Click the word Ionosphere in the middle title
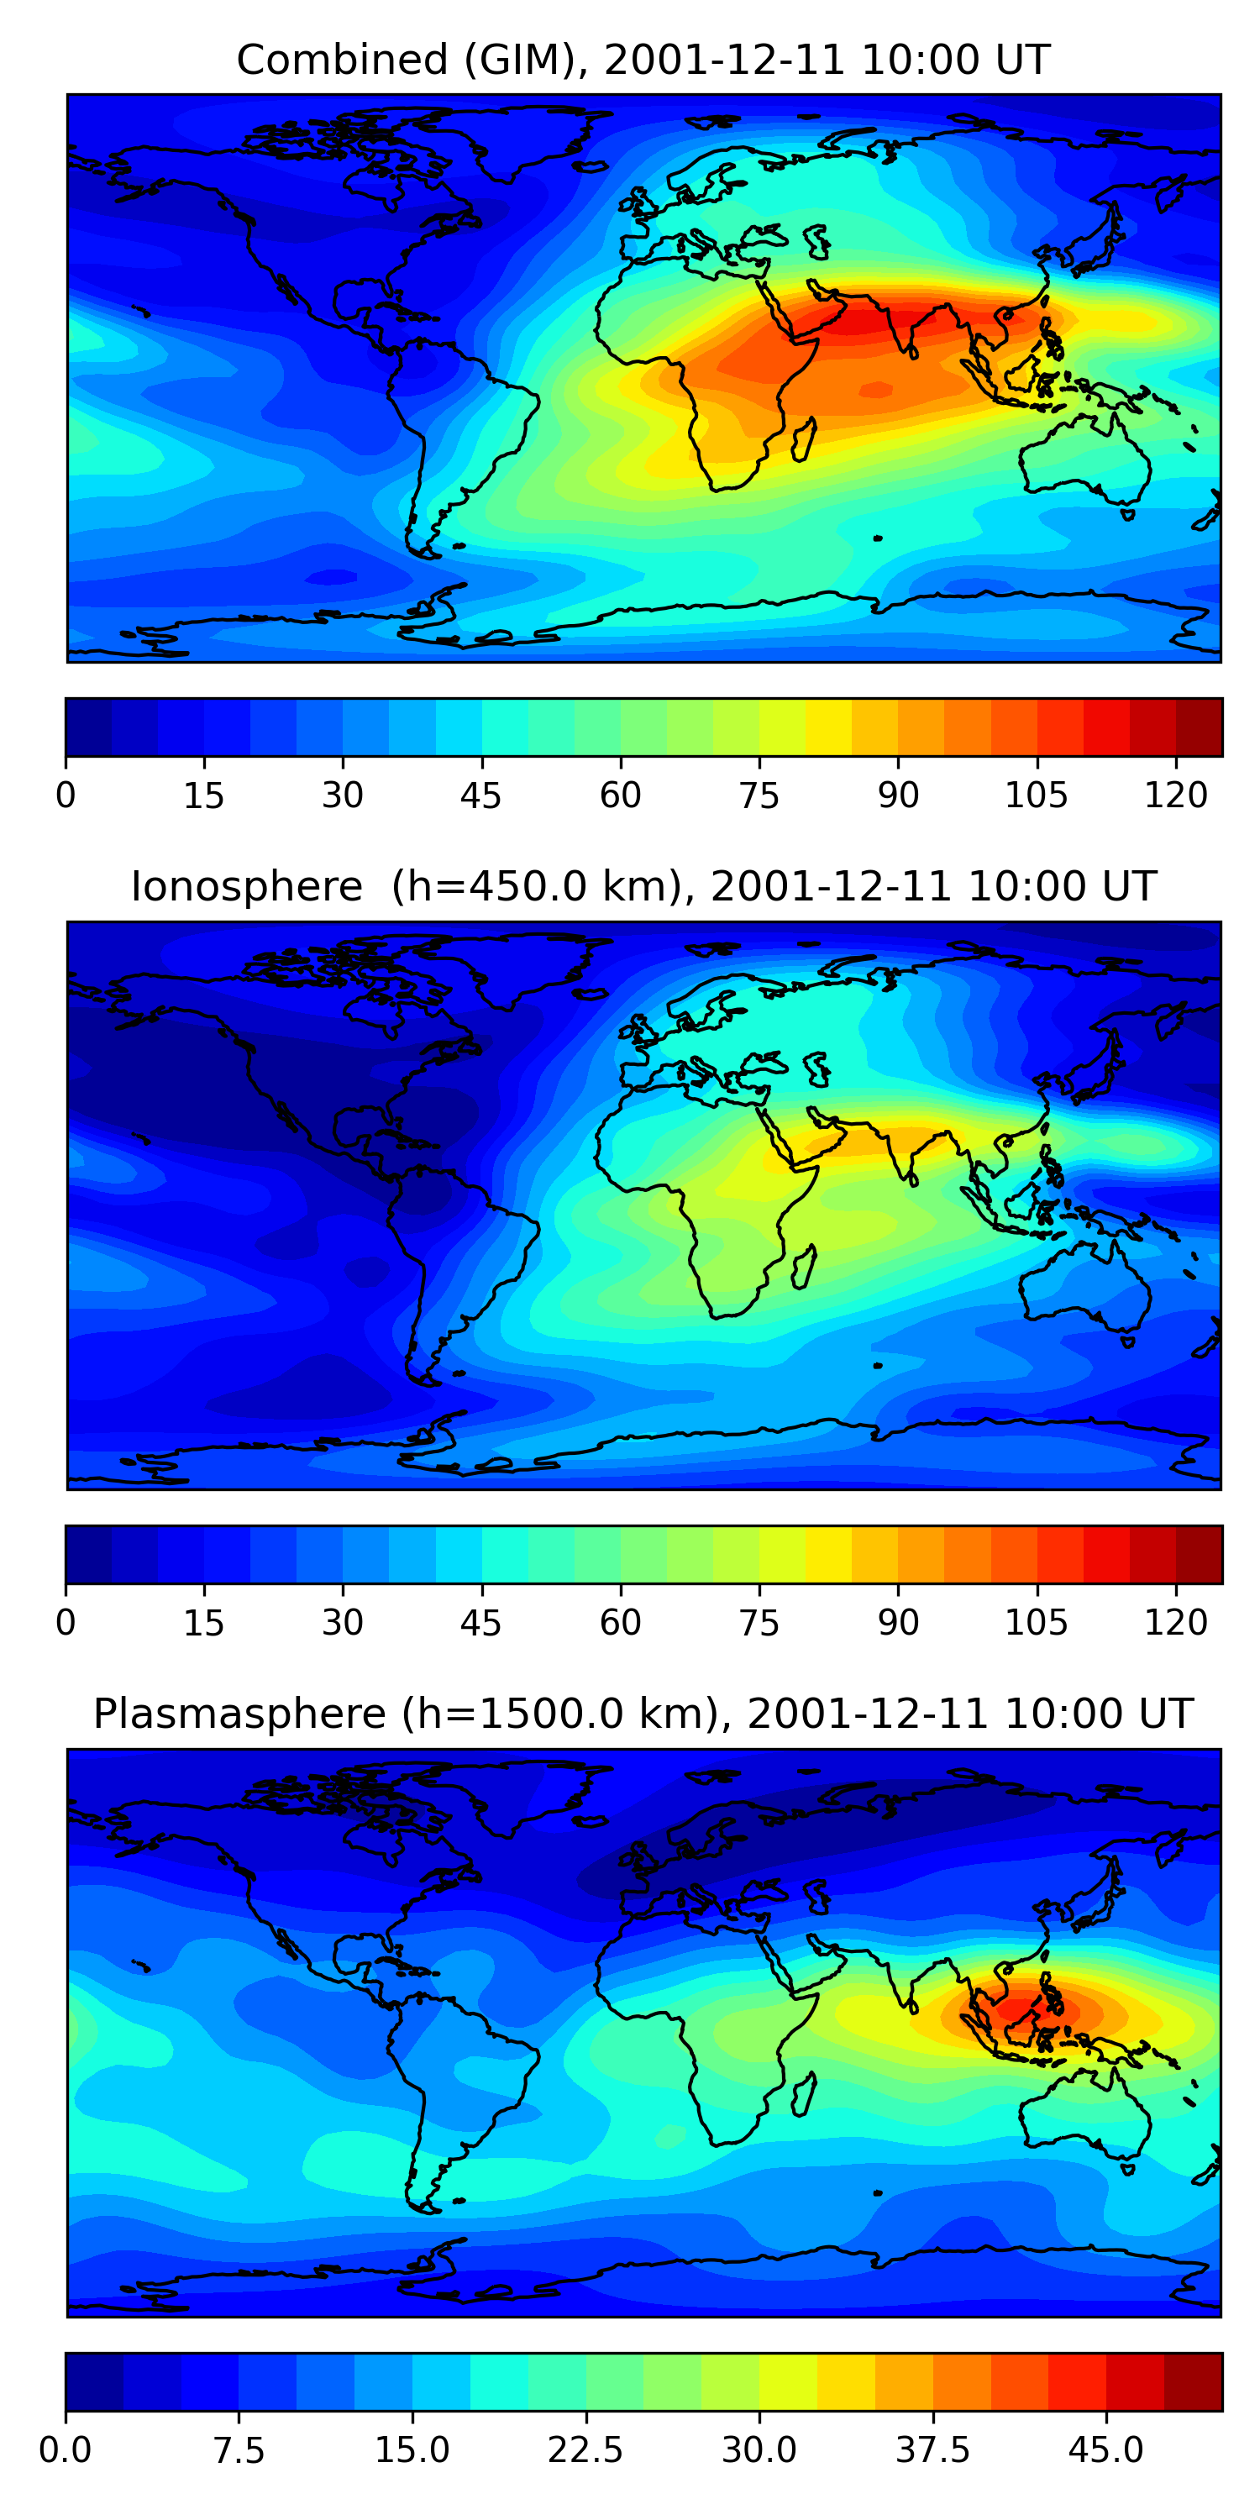[x=246, y=886]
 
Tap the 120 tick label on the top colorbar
[x=1175, y=795]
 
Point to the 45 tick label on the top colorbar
[x=480, y=795]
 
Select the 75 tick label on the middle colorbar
[x=759, y=1623]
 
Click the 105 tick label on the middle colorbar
[x=1036, y=1623]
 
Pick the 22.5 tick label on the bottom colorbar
[x=585, y=2450]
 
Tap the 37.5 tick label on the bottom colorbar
[x=932, y=2450]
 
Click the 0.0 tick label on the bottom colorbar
[x=66, y=2450]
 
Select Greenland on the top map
[x=528, y=137]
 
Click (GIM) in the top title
[x=519, y=60]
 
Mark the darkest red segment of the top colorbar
[x=1199, y=727]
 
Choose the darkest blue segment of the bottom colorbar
[x=94, y=2381]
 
